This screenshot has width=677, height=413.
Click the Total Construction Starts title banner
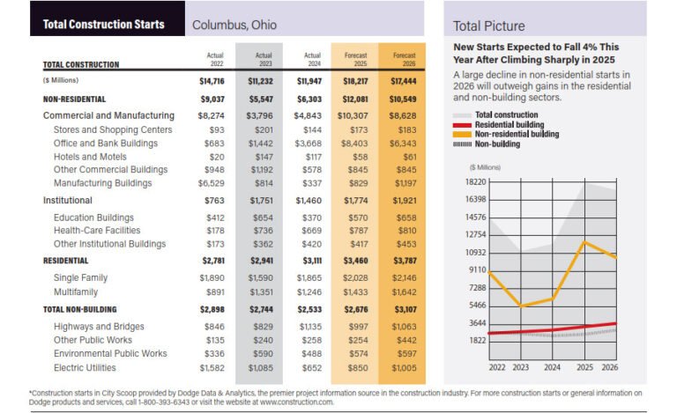[104, 24]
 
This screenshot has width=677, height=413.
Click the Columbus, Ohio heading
[234, 25]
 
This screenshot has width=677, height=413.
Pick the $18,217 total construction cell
[354, 81]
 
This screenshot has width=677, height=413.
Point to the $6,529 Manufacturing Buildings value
[213, 182]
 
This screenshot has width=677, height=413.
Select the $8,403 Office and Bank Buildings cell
[354, 143]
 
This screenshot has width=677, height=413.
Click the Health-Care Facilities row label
[97, 230]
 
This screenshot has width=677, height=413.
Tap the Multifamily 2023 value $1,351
[264, 291]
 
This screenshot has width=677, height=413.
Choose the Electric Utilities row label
[86, 366]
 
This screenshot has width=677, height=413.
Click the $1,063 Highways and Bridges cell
[403, 327]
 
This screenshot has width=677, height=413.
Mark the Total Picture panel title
[488, 26]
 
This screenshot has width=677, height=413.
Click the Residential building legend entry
[509, 124]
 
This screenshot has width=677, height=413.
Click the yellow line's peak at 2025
[583, 241]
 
